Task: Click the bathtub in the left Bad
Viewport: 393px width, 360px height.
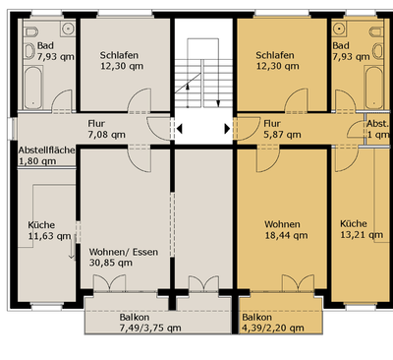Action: click(x=33, y=88)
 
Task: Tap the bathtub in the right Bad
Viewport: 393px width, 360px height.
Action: click(x=374, y=88)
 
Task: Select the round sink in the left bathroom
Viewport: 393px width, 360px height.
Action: click(x=68, y=29)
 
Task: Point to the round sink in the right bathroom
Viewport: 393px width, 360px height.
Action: click(x=339, y=29)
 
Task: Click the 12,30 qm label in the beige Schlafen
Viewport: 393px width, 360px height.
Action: click(x=122, y=66)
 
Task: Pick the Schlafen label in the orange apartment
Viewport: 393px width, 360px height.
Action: click(x=275, y=55)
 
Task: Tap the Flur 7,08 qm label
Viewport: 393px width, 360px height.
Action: click(x=106, y=129)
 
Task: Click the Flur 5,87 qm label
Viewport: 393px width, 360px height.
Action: click(x=282, y=129)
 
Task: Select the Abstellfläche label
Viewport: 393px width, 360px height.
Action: click(x=46, y=150)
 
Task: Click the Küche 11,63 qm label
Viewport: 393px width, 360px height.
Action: click(x=49, y=230)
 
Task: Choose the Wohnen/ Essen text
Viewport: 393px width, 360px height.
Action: click(x=124, y=252)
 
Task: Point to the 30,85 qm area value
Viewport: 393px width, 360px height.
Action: click(x=111, y=263)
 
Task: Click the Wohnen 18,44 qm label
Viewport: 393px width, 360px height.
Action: click(x=286, y=230)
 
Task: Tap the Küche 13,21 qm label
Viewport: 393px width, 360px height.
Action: click(x=362, y=229)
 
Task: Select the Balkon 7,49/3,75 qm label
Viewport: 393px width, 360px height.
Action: click(x=150, y=323)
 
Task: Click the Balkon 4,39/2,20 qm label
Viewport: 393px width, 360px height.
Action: click(x=273, y=323)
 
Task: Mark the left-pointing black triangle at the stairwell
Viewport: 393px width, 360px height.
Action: click(x=179, y=129)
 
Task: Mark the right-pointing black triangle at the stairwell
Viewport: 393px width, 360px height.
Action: click(x=227, y=129)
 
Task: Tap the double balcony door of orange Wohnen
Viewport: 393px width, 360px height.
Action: click(x=298, y=283)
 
